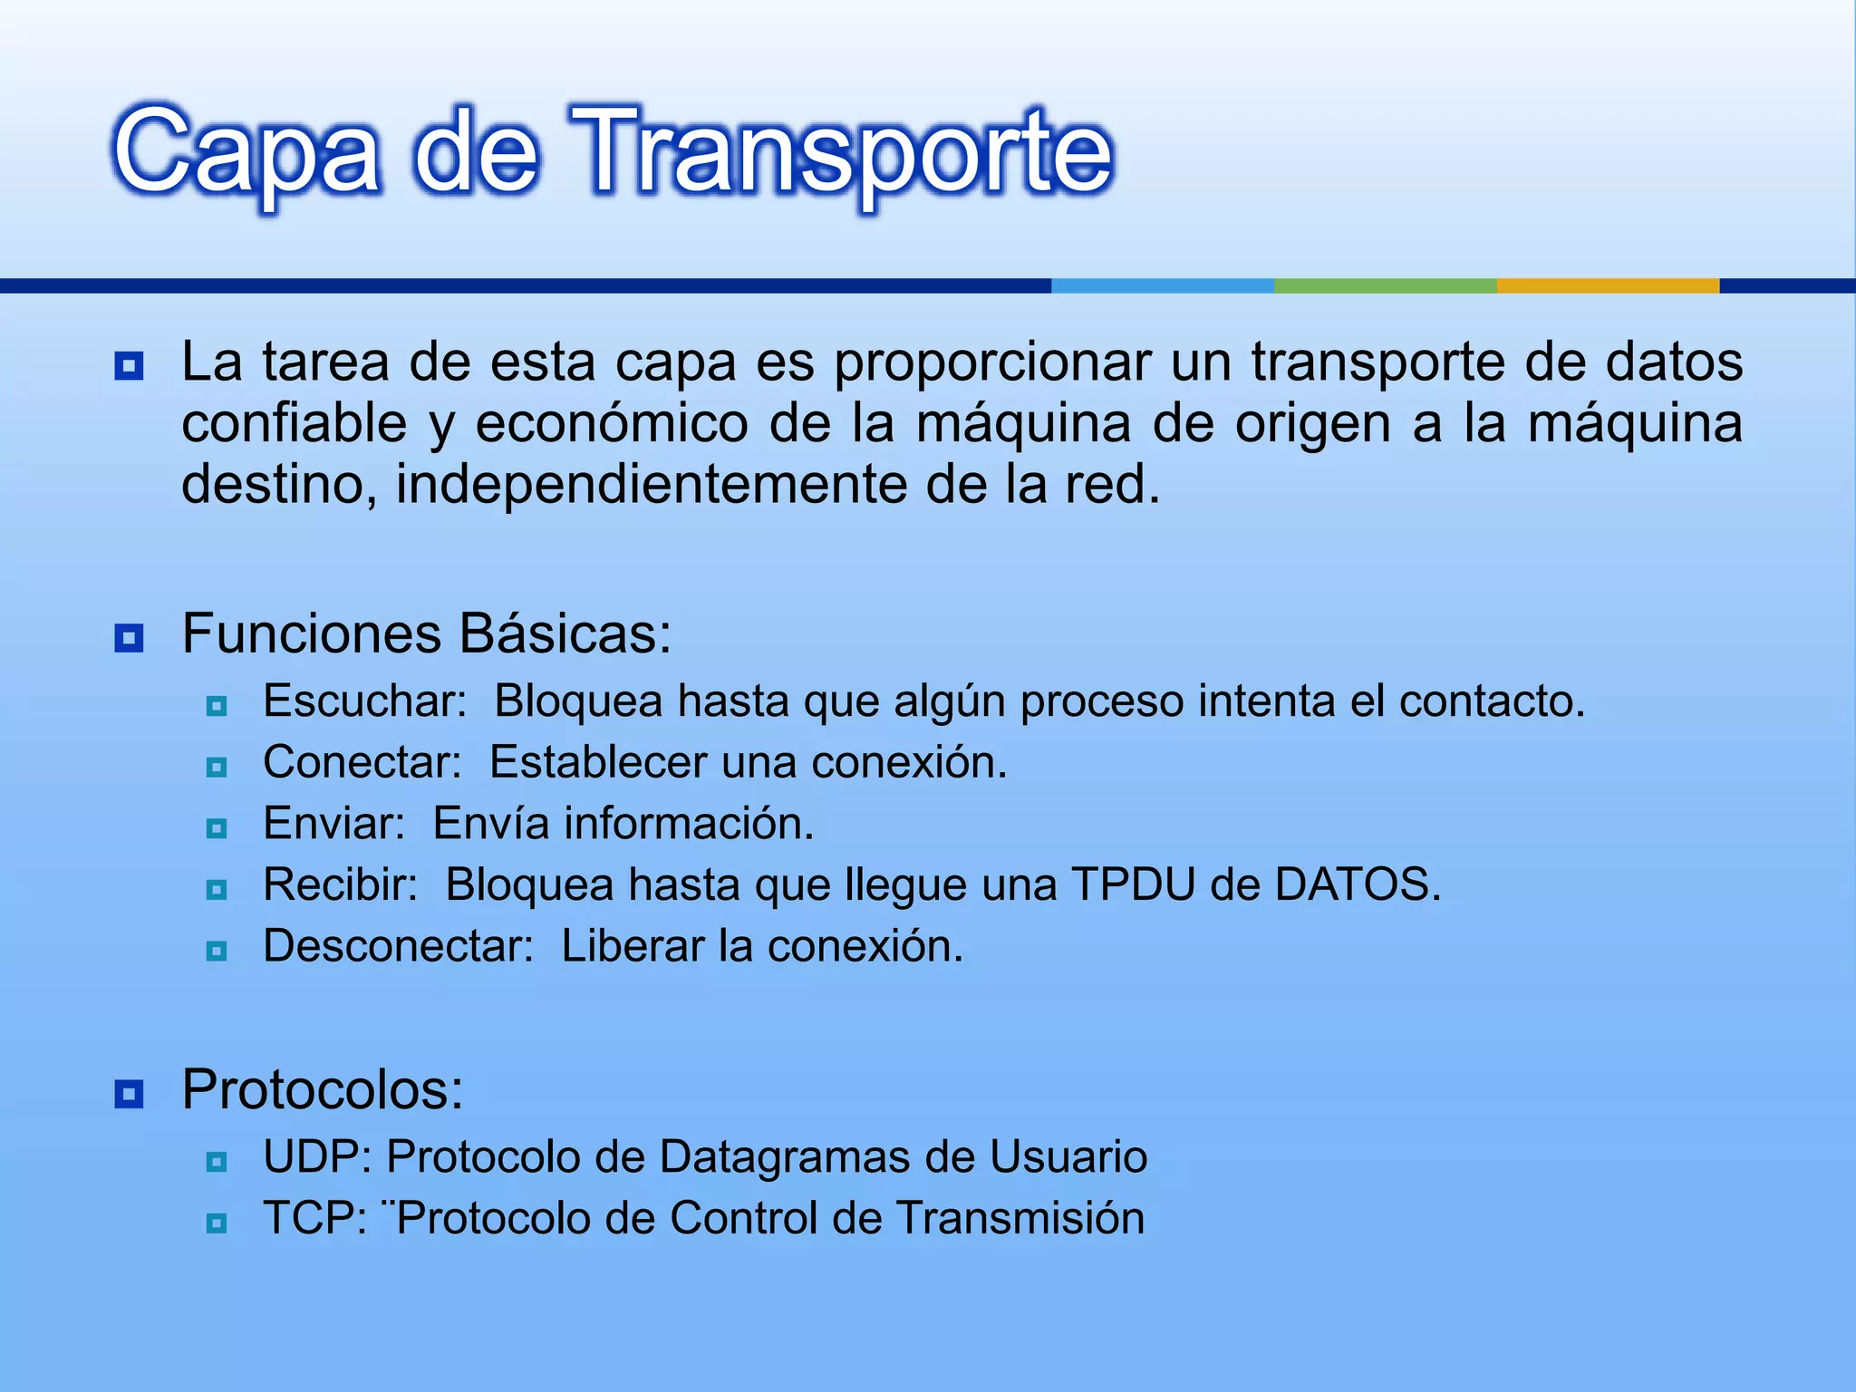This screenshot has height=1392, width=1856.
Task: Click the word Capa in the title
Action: click(x=245, y=152)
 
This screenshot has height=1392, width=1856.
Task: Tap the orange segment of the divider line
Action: click(x=1608, y=285)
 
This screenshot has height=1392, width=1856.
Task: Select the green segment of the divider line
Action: click(x=1385, y=285)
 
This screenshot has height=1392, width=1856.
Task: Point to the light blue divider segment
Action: click(x=1162, y=285)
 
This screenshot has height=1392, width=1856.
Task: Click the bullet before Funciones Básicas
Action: click(x=129, y=639)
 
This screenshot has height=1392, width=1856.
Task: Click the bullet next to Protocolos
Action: click(x=129, y=1094)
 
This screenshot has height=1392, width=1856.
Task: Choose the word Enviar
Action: click(x=333, y=824)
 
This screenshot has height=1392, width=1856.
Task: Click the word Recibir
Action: click(x=340, y=884)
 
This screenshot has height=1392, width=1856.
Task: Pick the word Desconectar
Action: click(x=398, y=946)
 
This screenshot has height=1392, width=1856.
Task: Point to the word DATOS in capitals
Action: click(x=1357, y=884)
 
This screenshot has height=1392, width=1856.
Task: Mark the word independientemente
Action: click(x=651, y=485)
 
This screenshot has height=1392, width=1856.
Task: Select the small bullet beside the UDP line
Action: click(x=217, y=1162)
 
